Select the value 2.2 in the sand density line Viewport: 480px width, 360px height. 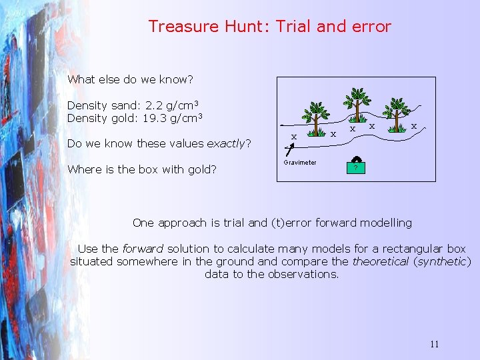152,105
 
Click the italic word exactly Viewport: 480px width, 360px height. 227,143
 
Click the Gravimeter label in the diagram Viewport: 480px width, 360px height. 300,163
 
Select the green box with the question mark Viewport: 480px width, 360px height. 356,167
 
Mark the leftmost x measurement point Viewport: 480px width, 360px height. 293,136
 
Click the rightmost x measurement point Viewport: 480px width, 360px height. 414,125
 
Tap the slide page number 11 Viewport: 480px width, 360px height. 434,344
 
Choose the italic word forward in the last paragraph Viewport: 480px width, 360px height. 142,249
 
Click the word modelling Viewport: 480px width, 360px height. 386,223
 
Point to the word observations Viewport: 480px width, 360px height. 303,274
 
